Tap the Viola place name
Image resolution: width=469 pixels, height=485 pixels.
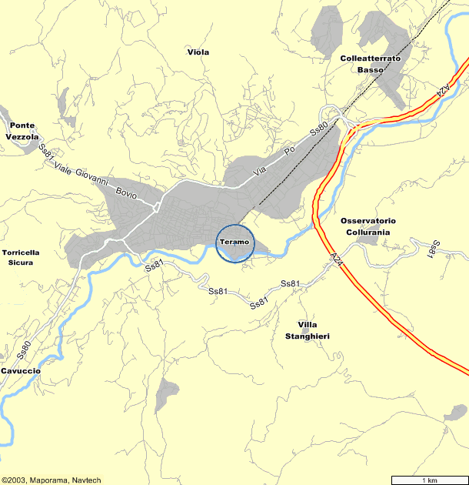click(198, 52)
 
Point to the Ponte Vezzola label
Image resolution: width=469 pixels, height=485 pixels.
click(22, 131)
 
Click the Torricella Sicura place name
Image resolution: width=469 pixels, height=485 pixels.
click(21, 257)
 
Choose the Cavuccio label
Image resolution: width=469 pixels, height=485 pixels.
click(20, 370)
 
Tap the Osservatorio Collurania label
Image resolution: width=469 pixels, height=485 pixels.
click(368, 226)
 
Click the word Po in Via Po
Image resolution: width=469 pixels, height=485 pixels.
click(290, 152)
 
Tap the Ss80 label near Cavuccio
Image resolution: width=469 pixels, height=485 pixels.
click(24, 350)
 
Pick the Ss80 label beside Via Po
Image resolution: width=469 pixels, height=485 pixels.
click(319, 129)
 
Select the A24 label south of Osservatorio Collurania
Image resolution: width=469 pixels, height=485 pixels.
click(335, 260)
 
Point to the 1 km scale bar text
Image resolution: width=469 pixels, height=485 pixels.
click(427, 480)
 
